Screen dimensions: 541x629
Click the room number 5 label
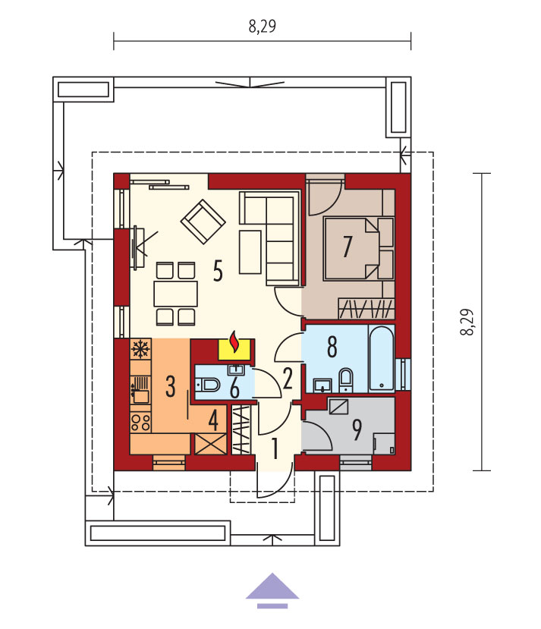point(218,271)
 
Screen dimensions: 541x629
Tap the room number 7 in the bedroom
point(348,247)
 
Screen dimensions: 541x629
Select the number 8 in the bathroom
point(332,347)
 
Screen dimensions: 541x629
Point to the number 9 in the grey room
point(357,429)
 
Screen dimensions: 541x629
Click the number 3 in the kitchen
point(171,386)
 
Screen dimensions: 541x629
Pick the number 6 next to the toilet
point(235,388)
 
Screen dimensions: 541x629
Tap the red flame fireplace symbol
point(234,341)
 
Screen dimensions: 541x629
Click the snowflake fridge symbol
point(140,349)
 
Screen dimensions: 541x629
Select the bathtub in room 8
point(382,358)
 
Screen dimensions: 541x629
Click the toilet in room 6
point(208,385)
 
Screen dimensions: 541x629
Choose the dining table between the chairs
point(176,294)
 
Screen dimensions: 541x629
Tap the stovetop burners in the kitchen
point(140,423)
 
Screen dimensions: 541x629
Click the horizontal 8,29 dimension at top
point(263,27)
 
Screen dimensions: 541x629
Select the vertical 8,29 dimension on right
point(467,322)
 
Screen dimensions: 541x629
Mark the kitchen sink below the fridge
point(140,390)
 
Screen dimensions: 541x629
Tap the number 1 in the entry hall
point(275,448)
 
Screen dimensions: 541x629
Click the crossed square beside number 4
point(210,444)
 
